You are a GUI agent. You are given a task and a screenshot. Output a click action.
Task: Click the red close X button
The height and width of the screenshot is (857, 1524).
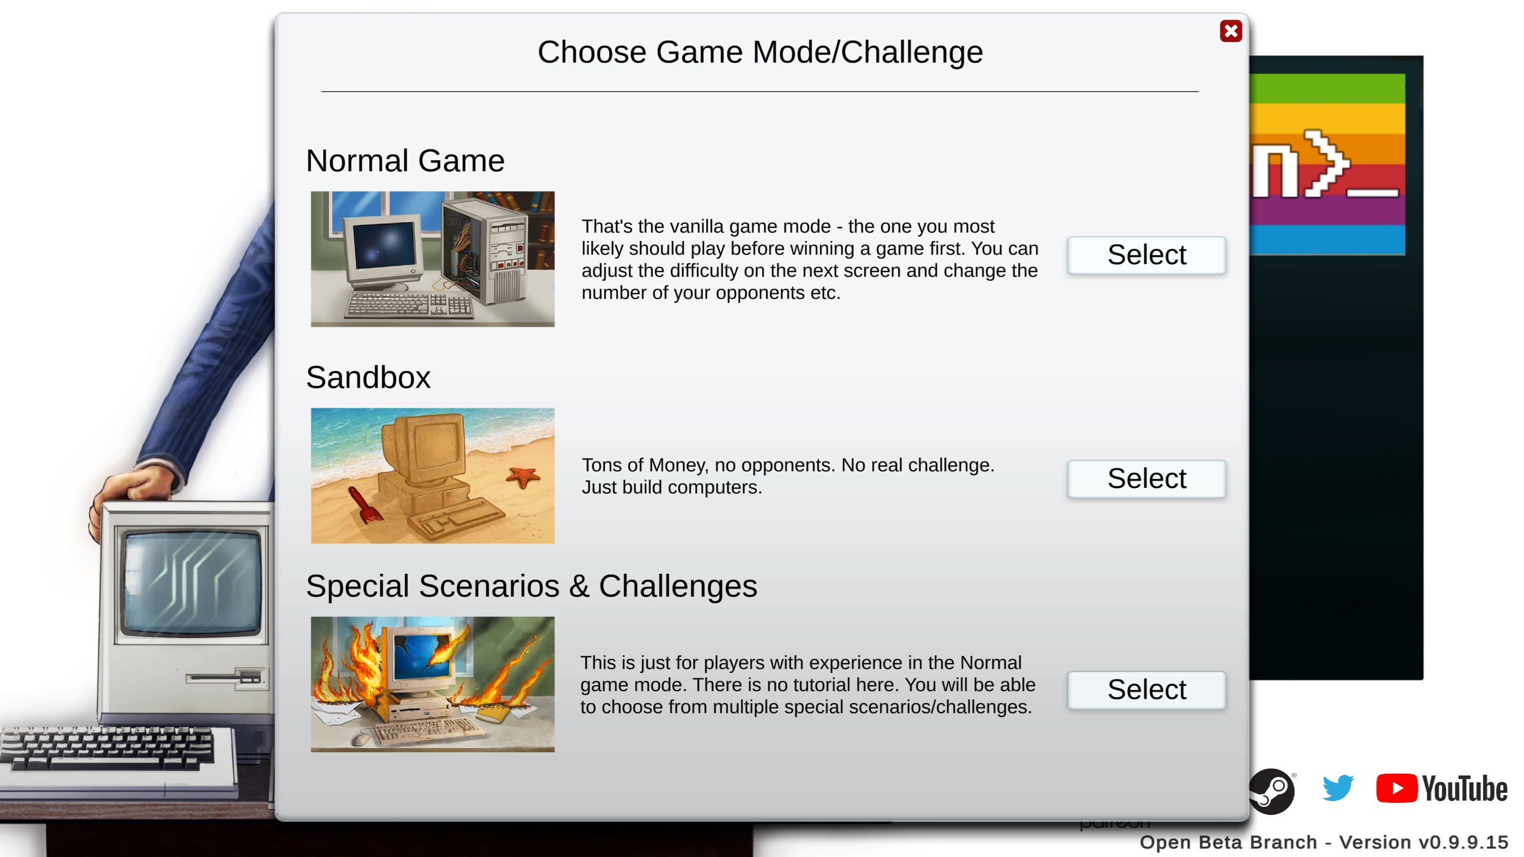pyautogui.click(x=1231, y=31)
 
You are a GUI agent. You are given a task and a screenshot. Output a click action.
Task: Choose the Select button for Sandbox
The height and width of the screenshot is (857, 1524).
pyautogui.click(x=1147, y=478)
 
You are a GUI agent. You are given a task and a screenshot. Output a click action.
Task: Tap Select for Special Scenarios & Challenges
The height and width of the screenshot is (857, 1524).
pyautogui.click(x=1147, y=690)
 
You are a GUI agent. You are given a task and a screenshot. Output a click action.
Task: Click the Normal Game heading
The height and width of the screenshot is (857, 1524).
pyautogui.click(x=405, y=161)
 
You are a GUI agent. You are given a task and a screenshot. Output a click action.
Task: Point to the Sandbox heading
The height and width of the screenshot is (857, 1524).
pyautogui.click(x=368, y=377)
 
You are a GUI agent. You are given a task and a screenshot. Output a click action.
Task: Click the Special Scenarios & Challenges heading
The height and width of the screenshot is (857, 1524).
pyautogui.click(x=532, y=586)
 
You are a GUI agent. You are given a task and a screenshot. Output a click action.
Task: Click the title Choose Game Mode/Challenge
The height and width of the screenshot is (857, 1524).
pyautogui.click(x=760, y=52)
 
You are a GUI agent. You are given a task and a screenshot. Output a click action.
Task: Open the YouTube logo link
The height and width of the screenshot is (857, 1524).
pyautogui.click(x=1442, y=789)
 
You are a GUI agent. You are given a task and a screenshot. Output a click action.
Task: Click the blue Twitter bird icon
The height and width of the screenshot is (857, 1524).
pyautogui.click(x=1338, y=789)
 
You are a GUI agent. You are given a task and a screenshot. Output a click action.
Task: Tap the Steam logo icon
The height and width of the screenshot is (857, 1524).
pyautogui.click(x=1272, y=791)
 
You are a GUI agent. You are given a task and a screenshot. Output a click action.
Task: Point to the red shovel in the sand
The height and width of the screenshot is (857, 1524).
pyautogui.click(x=364, y=505)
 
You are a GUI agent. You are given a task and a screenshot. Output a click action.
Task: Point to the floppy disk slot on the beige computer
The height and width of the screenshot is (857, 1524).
pyautogui.click(x=224, y=678)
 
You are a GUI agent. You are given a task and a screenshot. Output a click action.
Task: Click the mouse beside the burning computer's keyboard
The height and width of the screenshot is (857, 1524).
pyautogui.click(x=360, y=739)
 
